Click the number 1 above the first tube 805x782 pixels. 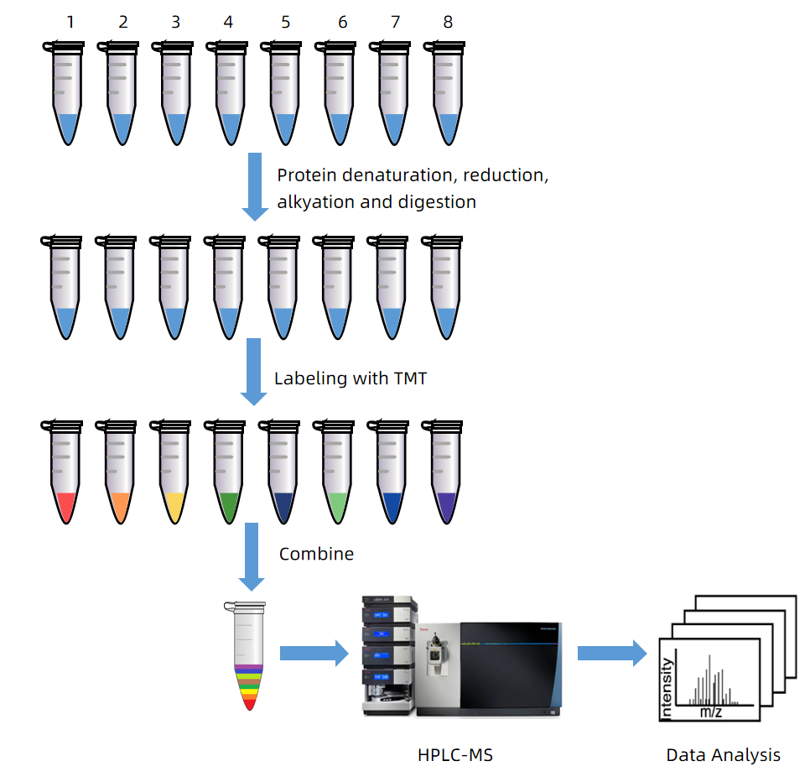coord(70,22)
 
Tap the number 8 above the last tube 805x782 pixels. coord(448,22)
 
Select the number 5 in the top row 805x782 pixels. coord(286,22)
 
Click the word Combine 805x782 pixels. coord(316,554)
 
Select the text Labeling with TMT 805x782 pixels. coord(351,378)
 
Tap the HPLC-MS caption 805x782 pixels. coord(455,755)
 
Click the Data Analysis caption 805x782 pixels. coord(723,755)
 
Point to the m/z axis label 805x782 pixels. coord(710,712)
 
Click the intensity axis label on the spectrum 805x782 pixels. coord(667,688)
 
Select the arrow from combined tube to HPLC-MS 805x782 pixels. coord(313,653)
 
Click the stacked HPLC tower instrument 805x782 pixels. coord(387,654)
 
